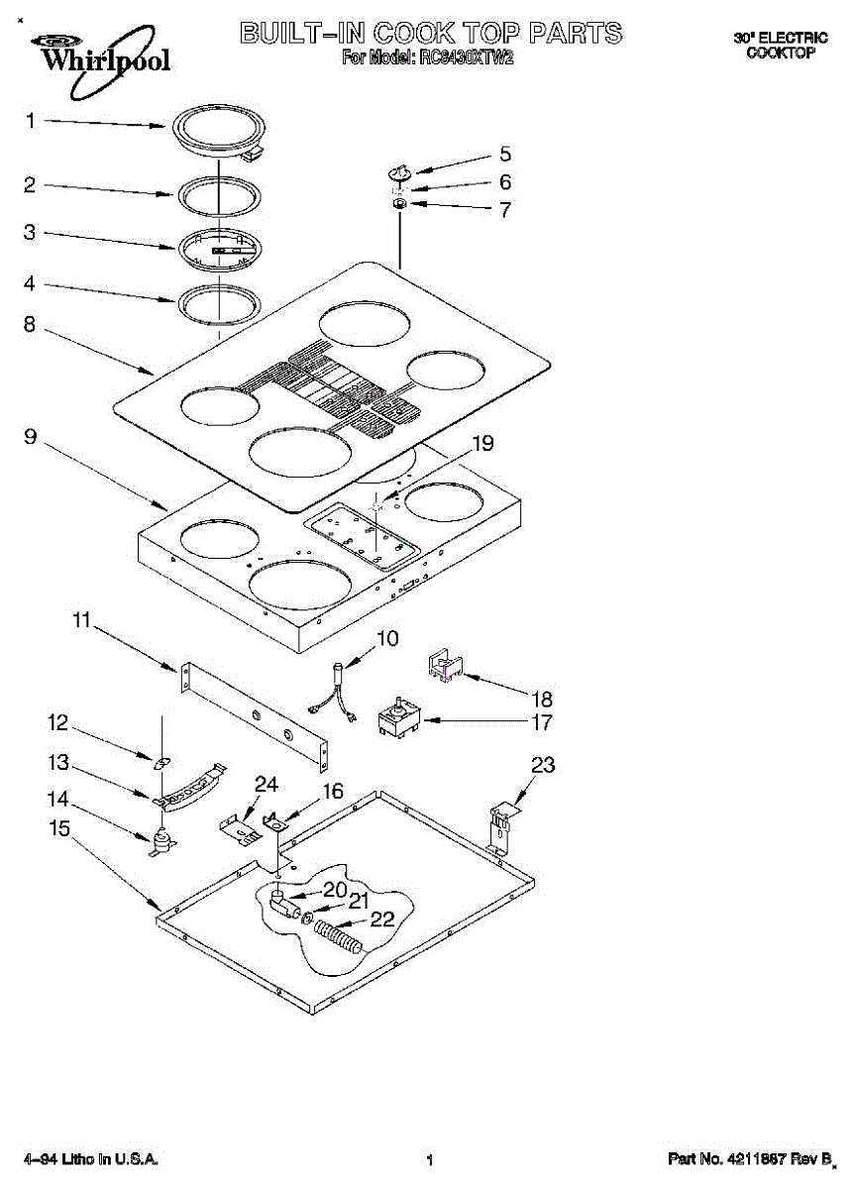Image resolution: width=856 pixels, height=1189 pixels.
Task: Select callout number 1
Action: (30, 121)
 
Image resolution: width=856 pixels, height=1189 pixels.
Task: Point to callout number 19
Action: (481, 445)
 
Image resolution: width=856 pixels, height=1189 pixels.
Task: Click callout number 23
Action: (543, 765)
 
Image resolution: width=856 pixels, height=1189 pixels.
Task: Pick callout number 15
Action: (60, 827)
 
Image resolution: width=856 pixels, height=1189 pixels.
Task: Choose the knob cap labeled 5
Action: (400, 172)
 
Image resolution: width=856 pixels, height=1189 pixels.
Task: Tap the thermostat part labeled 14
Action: (160, 841)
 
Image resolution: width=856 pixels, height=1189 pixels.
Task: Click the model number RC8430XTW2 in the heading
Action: (464, 57)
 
